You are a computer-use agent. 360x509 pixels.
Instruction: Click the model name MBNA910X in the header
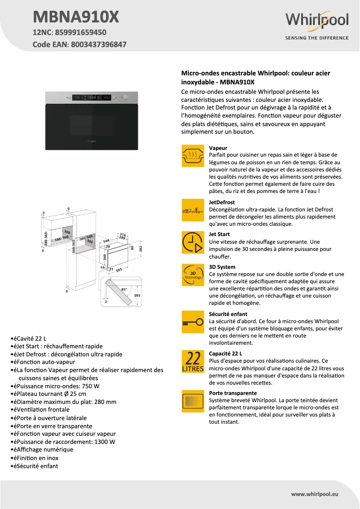pos(76,17)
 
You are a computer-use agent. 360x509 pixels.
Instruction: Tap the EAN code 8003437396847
pos(98,44)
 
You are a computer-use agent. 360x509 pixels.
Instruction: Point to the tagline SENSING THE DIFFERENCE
pos(317,38)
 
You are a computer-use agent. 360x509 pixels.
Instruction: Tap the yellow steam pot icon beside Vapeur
pos(193,156)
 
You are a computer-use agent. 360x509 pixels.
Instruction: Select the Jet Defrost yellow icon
pos(193,210)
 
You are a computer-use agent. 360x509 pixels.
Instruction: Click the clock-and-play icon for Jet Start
pos(193,242)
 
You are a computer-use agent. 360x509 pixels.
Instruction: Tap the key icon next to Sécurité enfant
pos(193,322)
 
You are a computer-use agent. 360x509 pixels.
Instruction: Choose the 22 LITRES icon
pos(193,361)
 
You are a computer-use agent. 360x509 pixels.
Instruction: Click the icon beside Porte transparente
pos(193,400)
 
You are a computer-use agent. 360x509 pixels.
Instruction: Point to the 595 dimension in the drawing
pos(119,271)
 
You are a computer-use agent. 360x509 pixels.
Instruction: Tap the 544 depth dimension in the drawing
pos(106,241)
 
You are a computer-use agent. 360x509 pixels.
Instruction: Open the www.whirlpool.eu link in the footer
pos(314,494)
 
